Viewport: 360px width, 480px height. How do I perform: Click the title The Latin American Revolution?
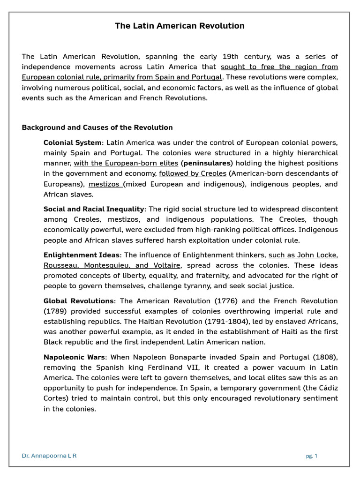click(x=180, y=26)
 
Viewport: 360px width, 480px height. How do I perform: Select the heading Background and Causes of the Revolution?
click(x=97, y=127)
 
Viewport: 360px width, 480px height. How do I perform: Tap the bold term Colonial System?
click(x=72, y=142)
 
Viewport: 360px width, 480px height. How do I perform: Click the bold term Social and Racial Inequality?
click(x=94, y=209)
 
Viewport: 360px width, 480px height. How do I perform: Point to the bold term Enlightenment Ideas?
click(x=82, y=255)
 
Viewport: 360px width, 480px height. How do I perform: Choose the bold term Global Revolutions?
click(x=78, y=301)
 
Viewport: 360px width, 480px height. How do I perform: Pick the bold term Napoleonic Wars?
click(x=75, y=357)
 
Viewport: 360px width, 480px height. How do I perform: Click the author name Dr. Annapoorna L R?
click(x=49, y=456)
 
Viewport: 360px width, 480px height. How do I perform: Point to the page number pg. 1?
click(x=312, y=456)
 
